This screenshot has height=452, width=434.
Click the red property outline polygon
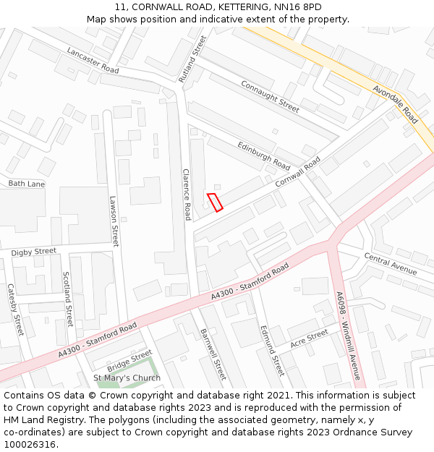[x=215, y=202]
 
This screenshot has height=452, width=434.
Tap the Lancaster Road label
[x=93, y=60]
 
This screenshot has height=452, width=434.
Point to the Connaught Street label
[x=270, y=96]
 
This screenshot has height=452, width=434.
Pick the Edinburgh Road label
[x=264, y=155]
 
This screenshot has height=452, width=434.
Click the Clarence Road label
[x=187, y=195]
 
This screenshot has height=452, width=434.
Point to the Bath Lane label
[x=26, y=184]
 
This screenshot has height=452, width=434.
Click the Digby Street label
[x=33, y=252]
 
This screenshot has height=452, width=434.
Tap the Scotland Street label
[x=67, y=299]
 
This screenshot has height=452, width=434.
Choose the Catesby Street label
[x=15, y=310]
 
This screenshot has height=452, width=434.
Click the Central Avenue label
[x=391, y=263]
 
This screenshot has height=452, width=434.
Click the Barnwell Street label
[x=213, y=354]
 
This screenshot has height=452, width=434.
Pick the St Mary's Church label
[x=127, y=378]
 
